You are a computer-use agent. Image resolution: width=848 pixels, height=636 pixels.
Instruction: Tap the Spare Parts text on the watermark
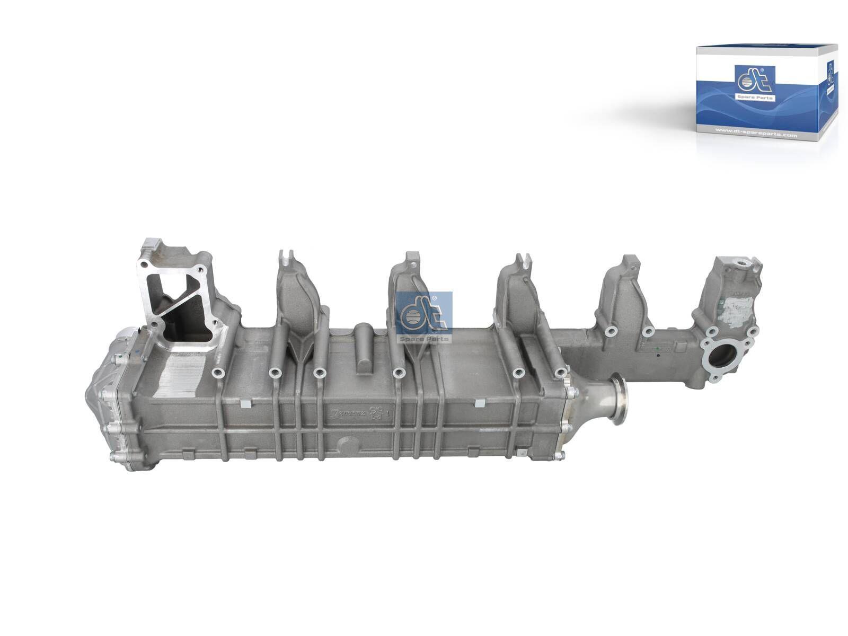pos(424,338)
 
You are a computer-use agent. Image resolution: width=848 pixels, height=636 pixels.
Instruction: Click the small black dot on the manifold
pos(658,356)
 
